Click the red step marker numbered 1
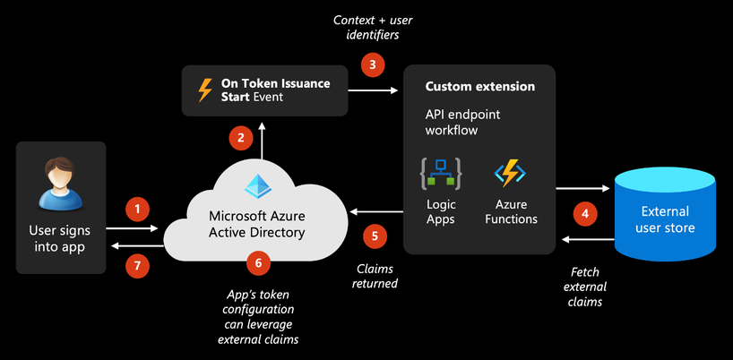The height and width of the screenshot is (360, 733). (x=136, y=210)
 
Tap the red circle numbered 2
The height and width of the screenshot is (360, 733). (x=239, y=138)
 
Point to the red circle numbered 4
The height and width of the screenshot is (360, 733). (x=585, y=214)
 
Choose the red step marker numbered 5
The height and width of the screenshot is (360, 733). (x=375, y=236)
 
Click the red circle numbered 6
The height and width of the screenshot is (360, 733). (x=258, y=262)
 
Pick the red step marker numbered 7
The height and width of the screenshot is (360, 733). (x=136, y=265)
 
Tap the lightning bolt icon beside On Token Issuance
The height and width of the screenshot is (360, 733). (x=203, y=90)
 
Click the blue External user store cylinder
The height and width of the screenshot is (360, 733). (x=664, y=214)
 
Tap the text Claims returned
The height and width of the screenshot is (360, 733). (x=375, y=276)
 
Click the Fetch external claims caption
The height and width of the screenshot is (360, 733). (x=588, y=287)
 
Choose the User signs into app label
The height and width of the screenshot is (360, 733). (x=62, y=238)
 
